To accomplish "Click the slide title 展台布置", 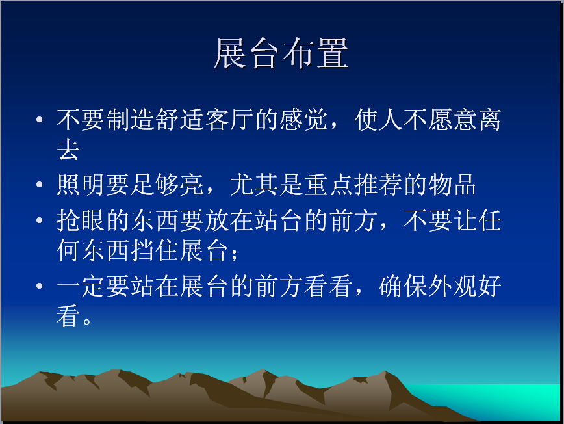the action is point(281,53).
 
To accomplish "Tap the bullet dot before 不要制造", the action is point(40,119).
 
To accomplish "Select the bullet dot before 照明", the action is point(40,185).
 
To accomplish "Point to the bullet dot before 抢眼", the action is point(40,220).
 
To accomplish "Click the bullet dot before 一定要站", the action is point(40,285).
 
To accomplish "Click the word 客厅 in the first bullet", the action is point(229,120).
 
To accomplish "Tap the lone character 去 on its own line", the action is point(68,149).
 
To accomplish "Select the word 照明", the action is point(81,185).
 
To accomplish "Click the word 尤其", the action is point(254,185).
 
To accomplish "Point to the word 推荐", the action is point(378,185).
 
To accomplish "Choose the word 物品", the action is point(452,185).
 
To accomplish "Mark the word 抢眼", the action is point(81,220).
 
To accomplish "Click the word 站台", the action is point(279,220).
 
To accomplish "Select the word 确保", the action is point(403,286).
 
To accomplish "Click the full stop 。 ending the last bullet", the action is point(86,321).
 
